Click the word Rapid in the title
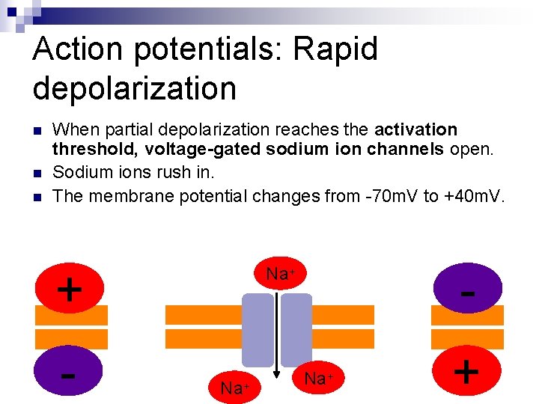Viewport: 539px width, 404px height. coord(336,50)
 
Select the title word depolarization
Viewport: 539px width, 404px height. coord(135,88)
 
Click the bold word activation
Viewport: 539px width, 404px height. coord(415,129)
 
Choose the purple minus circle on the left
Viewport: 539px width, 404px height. coord(69,373)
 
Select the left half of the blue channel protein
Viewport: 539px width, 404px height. coord(258,329)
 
